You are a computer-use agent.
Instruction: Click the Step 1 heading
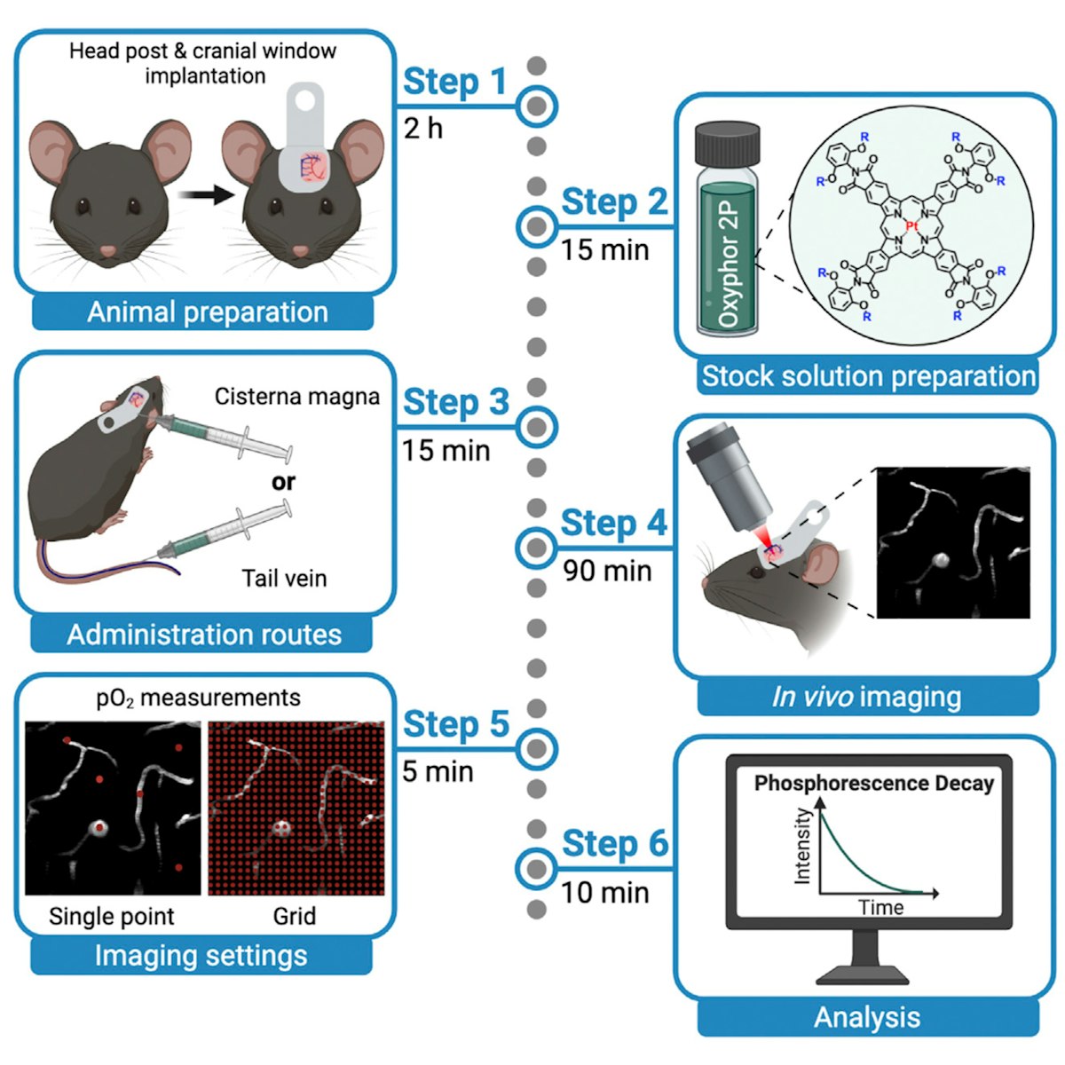pos(454,82)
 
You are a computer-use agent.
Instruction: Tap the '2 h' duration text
pos(422,129)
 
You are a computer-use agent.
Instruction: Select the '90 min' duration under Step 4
pos(607,571)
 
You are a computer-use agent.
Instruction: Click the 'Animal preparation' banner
pos(207,312)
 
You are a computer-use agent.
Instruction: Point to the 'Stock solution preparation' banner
pos(868,376)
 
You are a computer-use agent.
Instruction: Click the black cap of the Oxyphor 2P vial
pos(726,143)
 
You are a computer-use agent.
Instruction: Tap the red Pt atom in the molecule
pos(911,227)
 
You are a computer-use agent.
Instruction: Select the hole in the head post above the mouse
pos(305,100)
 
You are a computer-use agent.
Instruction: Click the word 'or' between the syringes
pos(284,482)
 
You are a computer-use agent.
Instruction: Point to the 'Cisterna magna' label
pos(296,397)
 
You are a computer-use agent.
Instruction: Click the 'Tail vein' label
pos(284,579)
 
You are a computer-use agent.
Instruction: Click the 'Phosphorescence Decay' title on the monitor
pos(873,784)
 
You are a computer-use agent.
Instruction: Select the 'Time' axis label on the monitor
pos(880,907)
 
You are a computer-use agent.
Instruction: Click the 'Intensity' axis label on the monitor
pos(802,846)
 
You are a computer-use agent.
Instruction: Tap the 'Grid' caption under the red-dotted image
pos(294,916)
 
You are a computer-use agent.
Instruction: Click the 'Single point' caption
pos(112,916)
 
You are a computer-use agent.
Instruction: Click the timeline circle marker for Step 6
pos(536,866)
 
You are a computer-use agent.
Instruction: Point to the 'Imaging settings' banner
pos(201,956)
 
